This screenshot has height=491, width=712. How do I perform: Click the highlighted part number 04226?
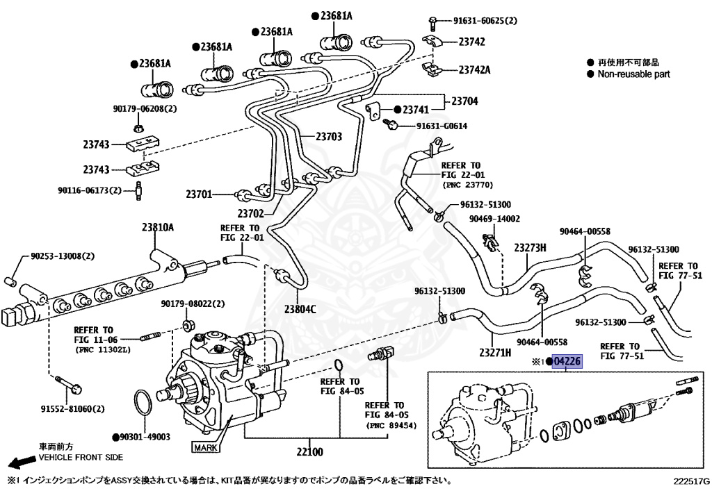[567, 362]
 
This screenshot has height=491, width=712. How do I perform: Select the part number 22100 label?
[309, 452]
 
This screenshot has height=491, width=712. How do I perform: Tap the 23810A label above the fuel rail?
[158, 227]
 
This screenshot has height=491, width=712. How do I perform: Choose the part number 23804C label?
[300, 308]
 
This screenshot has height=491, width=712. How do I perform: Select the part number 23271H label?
[494, 353]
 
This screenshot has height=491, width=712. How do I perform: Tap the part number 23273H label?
[531, 248]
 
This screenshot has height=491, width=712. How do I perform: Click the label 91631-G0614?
[442, 126]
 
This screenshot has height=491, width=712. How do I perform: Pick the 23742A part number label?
[474, 69]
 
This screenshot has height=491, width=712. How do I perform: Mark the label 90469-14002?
[494, 218]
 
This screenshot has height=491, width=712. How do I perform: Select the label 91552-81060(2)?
[72, 408]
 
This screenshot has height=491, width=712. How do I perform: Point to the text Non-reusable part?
[633, 74]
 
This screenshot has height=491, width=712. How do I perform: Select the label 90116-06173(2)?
[89, 190]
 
